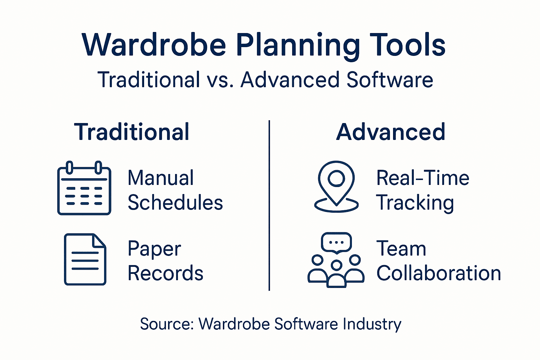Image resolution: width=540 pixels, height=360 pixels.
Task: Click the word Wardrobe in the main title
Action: click(154, 45)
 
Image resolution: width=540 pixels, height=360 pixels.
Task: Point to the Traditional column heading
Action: click(132, 132)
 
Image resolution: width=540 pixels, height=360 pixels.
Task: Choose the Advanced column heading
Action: click(391, 132)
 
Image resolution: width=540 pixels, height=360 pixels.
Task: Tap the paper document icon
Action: click(85, 259)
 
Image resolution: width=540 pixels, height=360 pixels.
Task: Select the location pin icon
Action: click(336, 186)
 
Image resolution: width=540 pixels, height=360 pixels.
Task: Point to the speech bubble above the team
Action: click(336, 242)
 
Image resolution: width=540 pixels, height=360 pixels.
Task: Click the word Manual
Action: click(161, 178)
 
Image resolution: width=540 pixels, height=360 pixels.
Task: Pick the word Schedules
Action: click(175, 203)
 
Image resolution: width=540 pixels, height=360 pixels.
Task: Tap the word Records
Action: click(166, 274)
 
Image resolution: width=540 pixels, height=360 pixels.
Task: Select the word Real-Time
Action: click(423, 178)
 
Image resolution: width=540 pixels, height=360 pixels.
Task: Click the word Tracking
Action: click(415, 203)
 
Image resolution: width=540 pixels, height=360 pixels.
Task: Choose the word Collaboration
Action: click(439, 274)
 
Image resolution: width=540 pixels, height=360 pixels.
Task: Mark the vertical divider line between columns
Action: click(269, 205)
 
